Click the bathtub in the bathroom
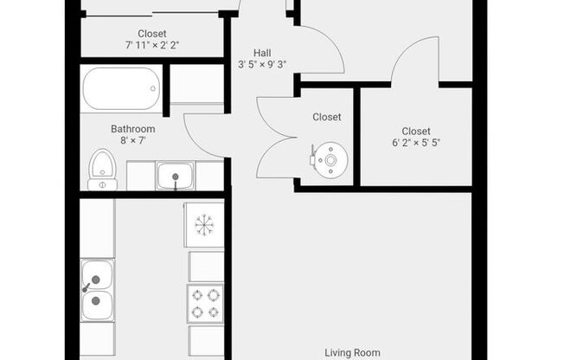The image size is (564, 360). (x=121, y=88)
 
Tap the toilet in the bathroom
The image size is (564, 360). (x=103, y=170)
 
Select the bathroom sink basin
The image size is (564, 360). (x=176, y=176)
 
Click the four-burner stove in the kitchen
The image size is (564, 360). (x=205, y=304)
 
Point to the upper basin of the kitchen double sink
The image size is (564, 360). (x=97, y=275)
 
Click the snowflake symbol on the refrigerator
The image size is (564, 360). (x=204, y=225)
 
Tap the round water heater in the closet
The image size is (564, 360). (x=330, y=160)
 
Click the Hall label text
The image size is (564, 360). (x=262, y=53)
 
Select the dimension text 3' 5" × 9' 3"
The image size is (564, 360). (x=262, y=65)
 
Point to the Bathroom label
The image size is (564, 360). (x=133, y=129)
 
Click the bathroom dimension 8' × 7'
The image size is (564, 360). (x=133, y=140)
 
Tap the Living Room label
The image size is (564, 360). (x=353, y=353)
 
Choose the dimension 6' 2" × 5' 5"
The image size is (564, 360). (x=416, y=143)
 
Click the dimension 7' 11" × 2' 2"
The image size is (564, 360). (x=152, y=45)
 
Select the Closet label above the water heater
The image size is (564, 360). (x=327, y=117)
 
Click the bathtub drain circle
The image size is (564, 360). (x=153, y=88)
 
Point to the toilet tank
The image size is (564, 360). (x=103, y=185)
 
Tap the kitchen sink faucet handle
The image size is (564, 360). (x=86, y=287)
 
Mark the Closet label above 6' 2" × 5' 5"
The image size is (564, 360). (x=416, y=131)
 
